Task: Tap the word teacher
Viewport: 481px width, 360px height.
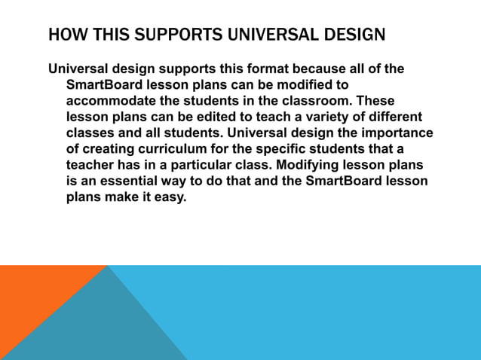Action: click(x=90, y=164)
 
